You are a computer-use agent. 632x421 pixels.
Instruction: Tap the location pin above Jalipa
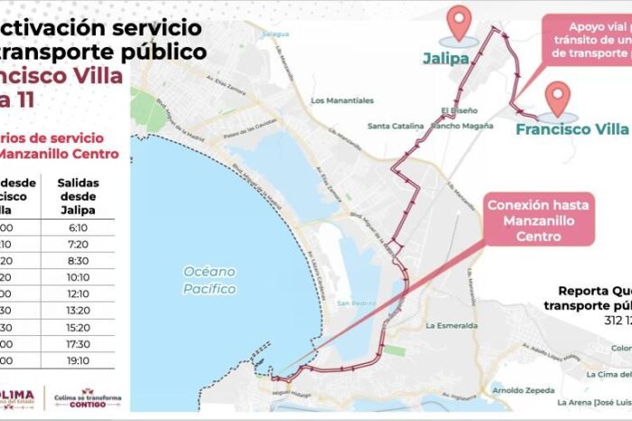pyautogui.click(x=460, y=23)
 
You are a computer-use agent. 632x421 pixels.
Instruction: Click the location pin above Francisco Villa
pyautogui.click(x=558, y=98)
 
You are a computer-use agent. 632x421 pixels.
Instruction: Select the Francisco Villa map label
pyautogui.click(x=572, y=129)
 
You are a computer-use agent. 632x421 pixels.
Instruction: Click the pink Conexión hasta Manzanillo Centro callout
pyautogui.click(x=539, y=220)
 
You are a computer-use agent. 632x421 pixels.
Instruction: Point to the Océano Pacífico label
pyautogui.click(x=209, y=280)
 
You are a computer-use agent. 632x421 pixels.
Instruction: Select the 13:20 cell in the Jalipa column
pyautogui.click(x=78, y=311)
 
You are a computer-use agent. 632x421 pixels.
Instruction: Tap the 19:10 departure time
pyautogui.click(x=78, y=360)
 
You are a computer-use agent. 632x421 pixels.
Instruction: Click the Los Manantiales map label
pyautogui.click(x=342, y=100)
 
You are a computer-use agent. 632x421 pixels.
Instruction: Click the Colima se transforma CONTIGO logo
pyautogui.click(x=88, y=398)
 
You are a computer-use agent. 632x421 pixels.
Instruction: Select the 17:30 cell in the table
pyautogui.click(x=78, y=344)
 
